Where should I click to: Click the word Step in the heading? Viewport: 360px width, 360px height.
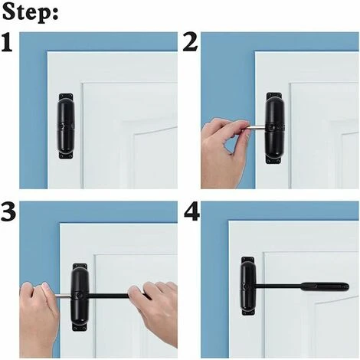click(x=28, y=13)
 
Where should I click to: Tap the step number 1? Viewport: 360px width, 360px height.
click(x=7, y=42)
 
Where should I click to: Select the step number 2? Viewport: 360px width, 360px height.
click(x=191, y=42)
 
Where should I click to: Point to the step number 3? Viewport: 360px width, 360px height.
click(x=8, y=211)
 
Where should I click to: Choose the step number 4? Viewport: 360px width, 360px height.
click(x=191, y=212)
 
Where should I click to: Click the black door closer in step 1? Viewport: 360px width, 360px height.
click(x=66, y=126)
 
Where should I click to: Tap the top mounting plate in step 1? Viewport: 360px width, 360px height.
click(x=66, y=97)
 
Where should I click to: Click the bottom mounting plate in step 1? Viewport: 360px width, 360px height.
click(x=66, y=155)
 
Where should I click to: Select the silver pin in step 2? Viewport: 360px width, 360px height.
click(x=257, y=127)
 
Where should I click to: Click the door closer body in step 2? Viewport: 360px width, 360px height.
click(x=275, y=127)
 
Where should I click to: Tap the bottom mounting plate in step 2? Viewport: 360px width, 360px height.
click(x=273, y=160)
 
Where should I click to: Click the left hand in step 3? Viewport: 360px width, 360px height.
click(x=39, y=314)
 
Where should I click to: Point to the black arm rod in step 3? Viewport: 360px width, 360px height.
click(x=109, y=296)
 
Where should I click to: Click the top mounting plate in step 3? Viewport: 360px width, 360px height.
click(x=80, y=267)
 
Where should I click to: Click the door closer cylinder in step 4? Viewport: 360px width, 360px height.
click(x=248, y=286)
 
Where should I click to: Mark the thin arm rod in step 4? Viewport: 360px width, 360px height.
click(x=279, y=286)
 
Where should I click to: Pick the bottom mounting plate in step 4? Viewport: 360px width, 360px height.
click(x=248, y=312)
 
